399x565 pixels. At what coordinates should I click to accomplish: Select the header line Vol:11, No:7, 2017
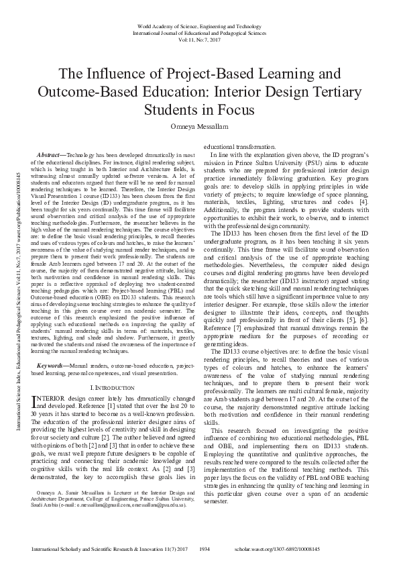click(199, 40)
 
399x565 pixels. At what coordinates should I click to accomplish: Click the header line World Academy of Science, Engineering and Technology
click(199, 26)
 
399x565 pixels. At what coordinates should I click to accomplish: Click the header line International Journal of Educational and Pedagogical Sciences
click(199, 33)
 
